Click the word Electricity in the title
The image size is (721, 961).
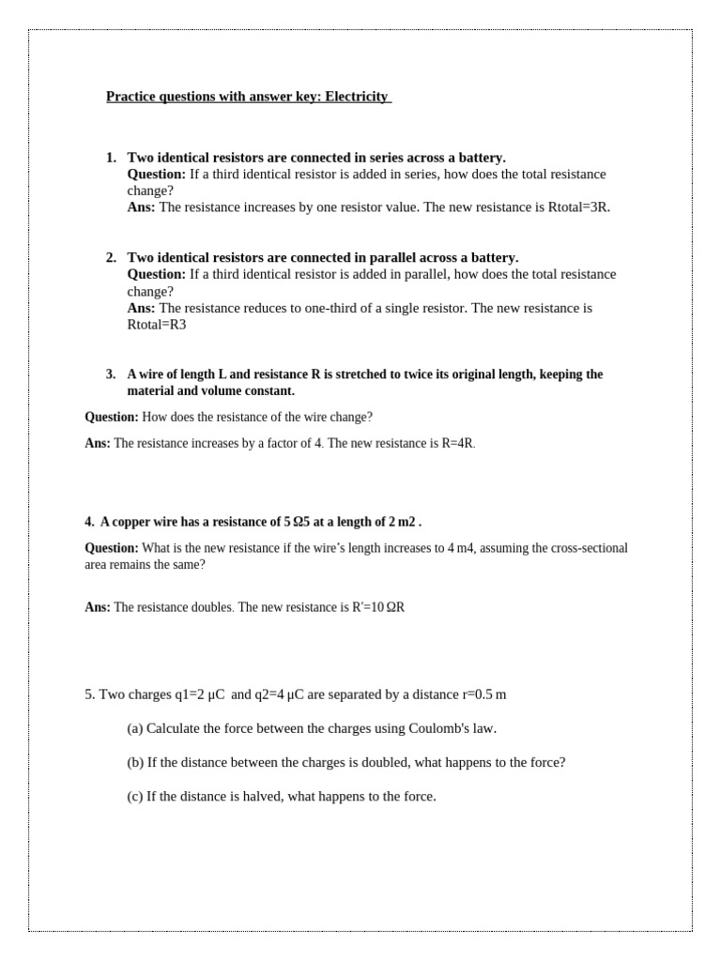pos(357,97)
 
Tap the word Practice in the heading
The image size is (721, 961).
pos(130,97)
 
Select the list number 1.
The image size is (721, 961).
pos(111,158)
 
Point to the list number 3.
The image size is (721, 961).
pos(111,374)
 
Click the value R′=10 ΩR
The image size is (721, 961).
pos(378,607)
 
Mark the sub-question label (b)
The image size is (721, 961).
pos(135,762)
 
